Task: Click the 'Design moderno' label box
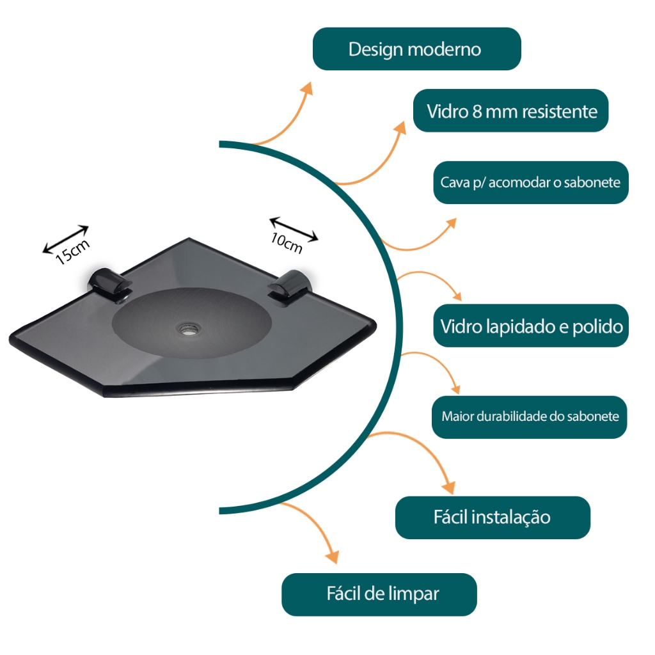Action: coord(416,49)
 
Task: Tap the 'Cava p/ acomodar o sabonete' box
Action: coord(530,182)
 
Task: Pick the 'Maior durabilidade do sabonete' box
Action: coord(529,417)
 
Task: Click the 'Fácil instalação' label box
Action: coord(493,517)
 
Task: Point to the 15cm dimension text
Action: coord(72,252)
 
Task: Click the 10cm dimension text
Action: coord(286,243)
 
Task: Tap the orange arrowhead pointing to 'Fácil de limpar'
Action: coord(333,556)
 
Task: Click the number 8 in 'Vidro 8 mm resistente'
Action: coord(477,111)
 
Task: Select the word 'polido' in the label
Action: coord(597,326)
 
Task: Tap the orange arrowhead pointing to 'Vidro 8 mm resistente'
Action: coord(400,128)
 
